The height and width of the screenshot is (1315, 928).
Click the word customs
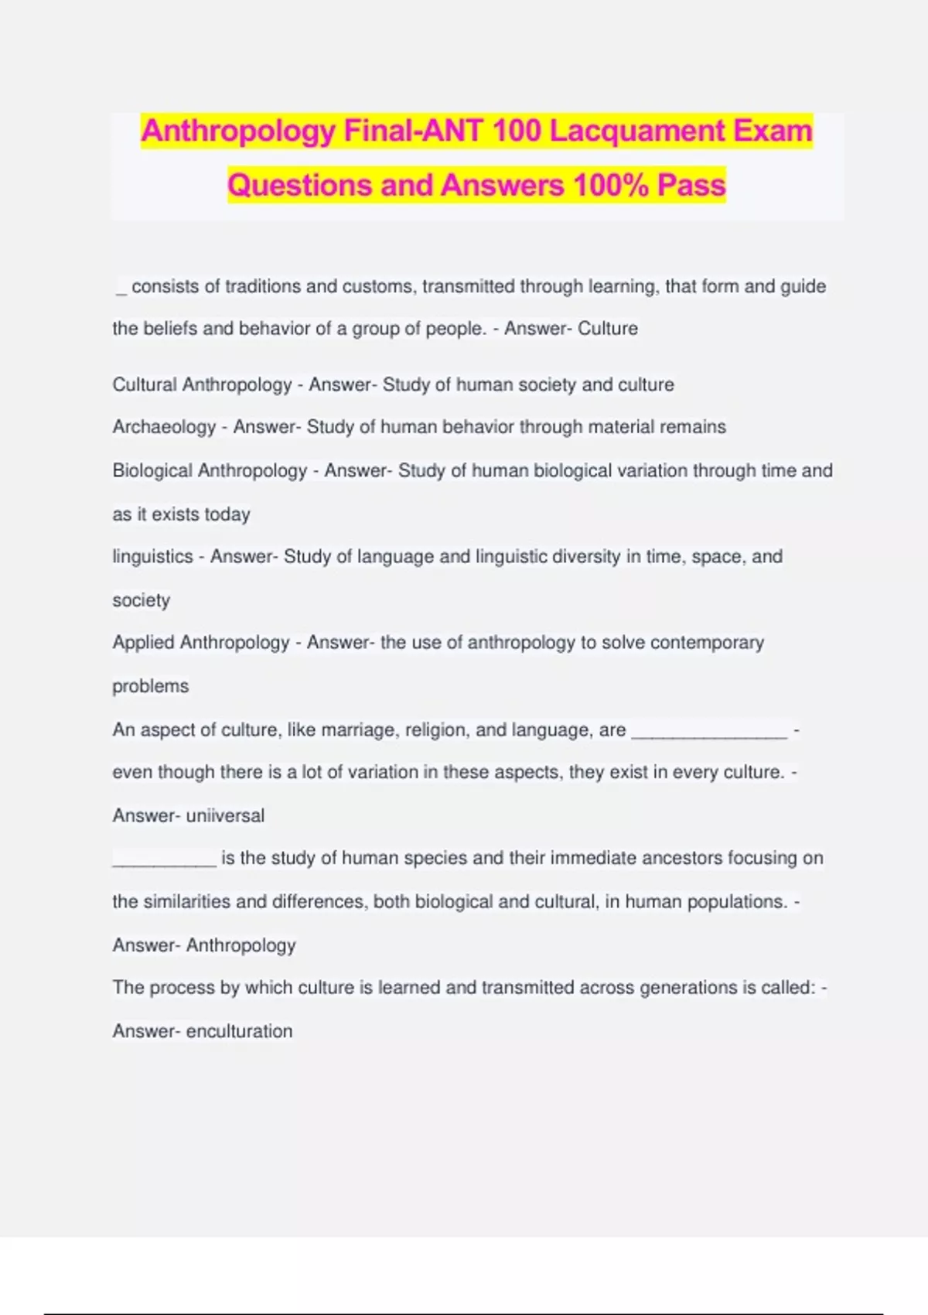380,287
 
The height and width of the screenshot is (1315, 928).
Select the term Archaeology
164,427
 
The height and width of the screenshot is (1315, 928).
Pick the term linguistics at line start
152,557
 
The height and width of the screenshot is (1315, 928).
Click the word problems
150,686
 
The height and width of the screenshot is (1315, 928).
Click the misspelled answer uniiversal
225,816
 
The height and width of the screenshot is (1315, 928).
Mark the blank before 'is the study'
164,862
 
